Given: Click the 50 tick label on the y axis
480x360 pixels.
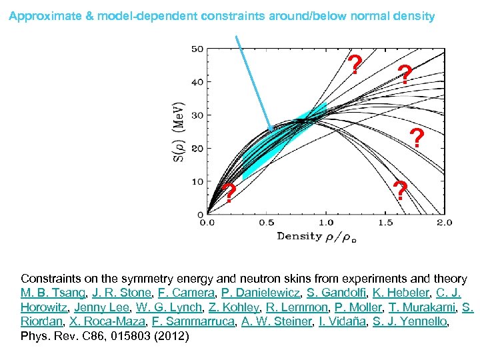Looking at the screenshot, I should (197, 49).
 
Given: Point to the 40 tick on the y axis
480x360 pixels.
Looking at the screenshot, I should (197, 82).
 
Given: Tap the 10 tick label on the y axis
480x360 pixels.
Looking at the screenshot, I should (197, 181).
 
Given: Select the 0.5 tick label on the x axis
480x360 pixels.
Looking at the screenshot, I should (266, 222).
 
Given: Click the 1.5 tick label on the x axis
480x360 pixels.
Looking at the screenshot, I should (385, 222).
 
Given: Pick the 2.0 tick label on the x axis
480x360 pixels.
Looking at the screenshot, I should (444, 222).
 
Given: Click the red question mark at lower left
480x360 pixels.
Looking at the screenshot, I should (229, 193).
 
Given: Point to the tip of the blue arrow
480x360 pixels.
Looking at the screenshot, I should (270, 127).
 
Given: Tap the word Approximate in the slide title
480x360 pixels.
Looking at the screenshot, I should (44, 16).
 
